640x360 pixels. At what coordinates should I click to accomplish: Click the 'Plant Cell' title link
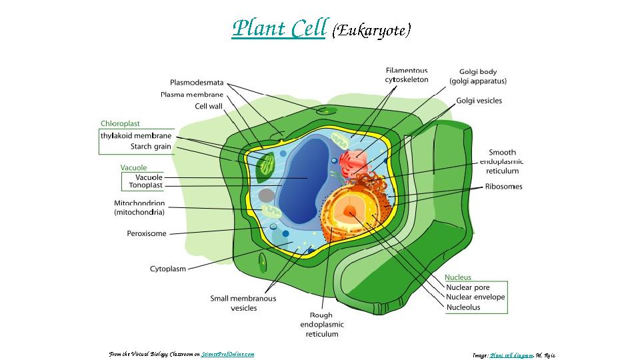(x=279, y=29)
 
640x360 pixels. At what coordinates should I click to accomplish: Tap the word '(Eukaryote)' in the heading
(x=372, y=30)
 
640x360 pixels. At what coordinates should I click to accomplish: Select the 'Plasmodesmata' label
(x=197, y=83)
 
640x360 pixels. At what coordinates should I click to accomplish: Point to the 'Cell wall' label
(x=209, y=106)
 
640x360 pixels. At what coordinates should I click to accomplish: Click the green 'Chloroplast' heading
(x=120, y=124)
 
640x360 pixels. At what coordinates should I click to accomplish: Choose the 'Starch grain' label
(x=151, y=147)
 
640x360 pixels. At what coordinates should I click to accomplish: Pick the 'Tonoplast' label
(x=146, y=186)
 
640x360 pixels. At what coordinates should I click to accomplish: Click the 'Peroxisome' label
(x=147, y=234)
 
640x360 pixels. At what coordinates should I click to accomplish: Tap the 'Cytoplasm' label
(x=168, y=269)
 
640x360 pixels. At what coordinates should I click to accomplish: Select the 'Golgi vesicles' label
(x=479, y=101)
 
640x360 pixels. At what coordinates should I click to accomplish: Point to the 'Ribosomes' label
(x=503, y=187)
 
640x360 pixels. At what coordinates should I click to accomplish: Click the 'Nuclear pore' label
(x=467, y=288)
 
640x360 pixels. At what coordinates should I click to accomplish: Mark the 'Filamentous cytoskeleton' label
(x=406, y=75)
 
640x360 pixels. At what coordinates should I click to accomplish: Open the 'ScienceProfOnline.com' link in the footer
(x=227, y=355)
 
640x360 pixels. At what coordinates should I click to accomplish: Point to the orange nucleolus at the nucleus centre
(x=350, y=213)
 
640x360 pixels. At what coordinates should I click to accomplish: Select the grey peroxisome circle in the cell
(x=266, y=195)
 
